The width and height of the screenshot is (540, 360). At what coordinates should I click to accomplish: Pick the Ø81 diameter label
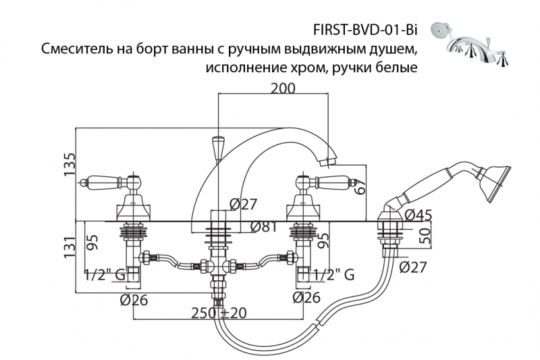265,227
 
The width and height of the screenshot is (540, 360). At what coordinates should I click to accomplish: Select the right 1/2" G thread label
332,274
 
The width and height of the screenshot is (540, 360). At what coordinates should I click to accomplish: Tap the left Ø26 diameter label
134,299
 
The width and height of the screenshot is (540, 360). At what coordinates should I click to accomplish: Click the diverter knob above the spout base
217,147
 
